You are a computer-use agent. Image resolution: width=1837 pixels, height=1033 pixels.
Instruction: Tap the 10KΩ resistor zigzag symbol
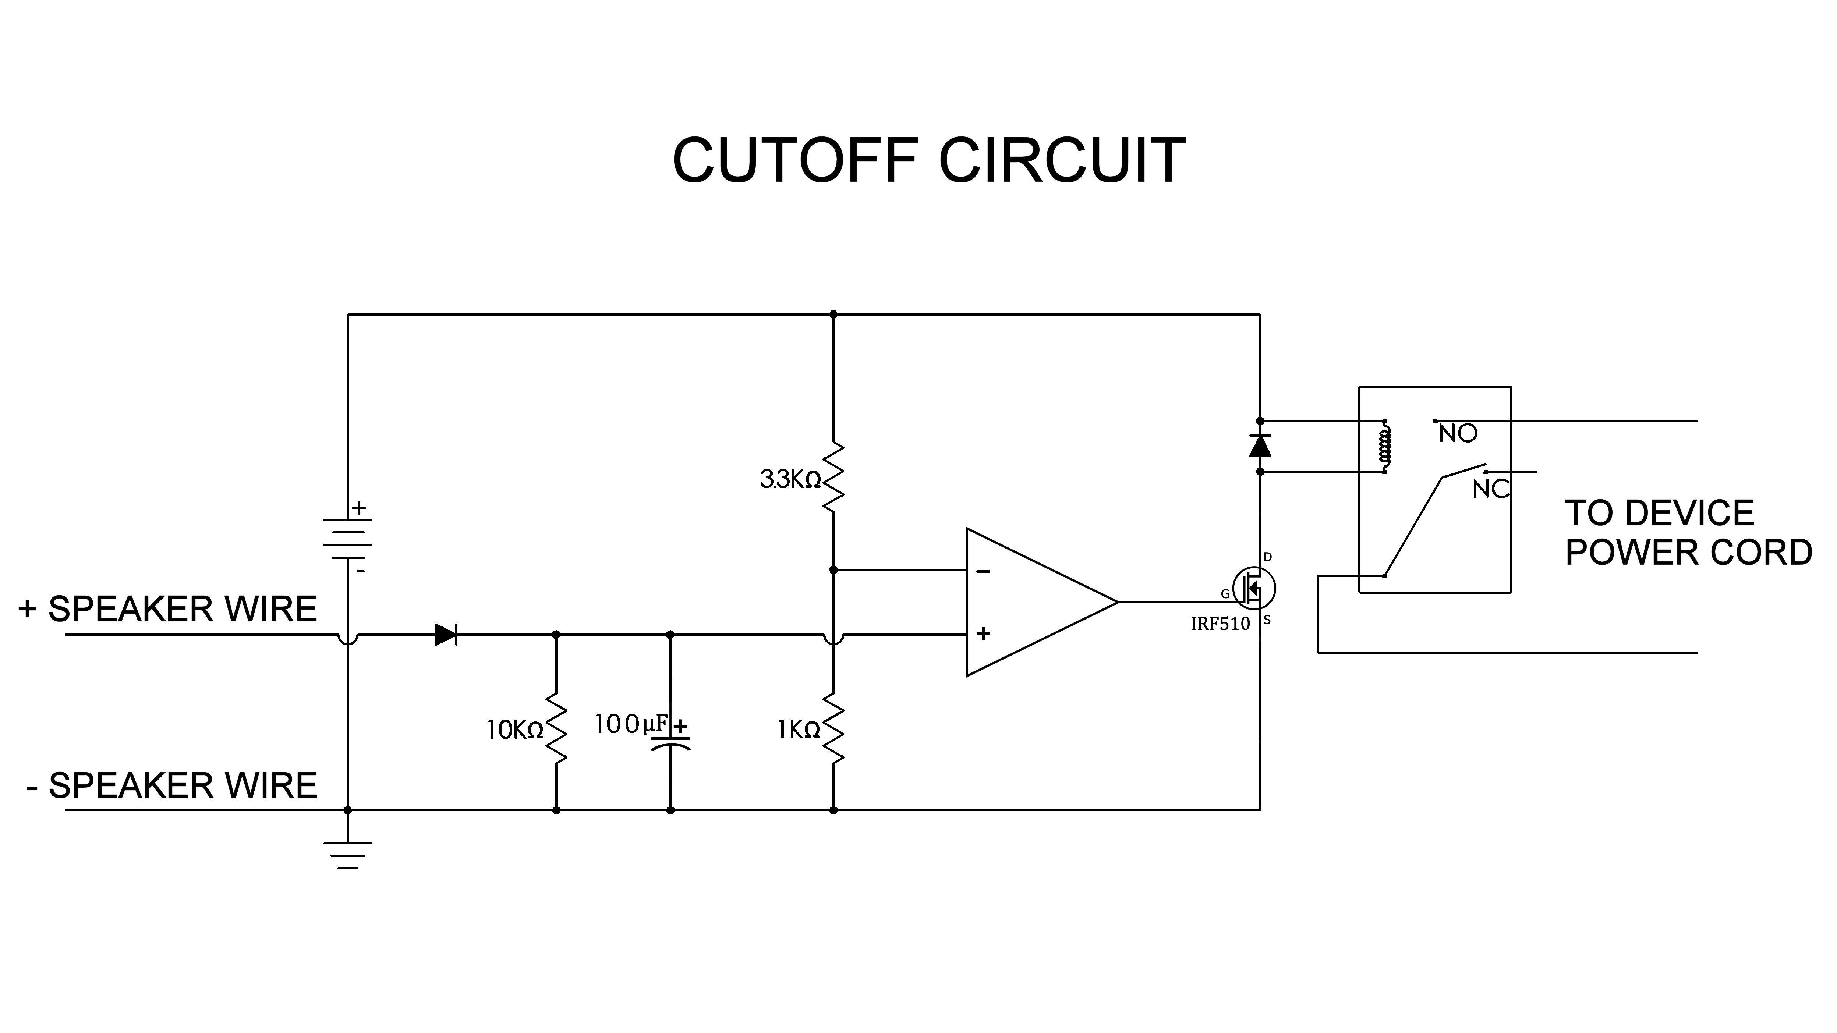tap(556, 729)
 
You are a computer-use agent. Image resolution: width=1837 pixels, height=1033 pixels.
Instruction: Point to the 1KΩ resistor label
tap(799, 729)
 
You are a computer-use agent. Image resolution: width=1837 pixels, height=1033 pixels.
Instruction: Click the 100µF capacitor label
tap(631, 724)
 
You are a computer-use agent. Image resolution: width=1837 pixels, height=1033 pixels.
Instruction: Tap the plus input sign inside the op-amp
tap(983, 633)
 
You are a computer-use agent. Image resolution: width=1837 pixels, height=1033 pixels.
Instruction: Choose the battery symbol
tap(347, 538)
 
